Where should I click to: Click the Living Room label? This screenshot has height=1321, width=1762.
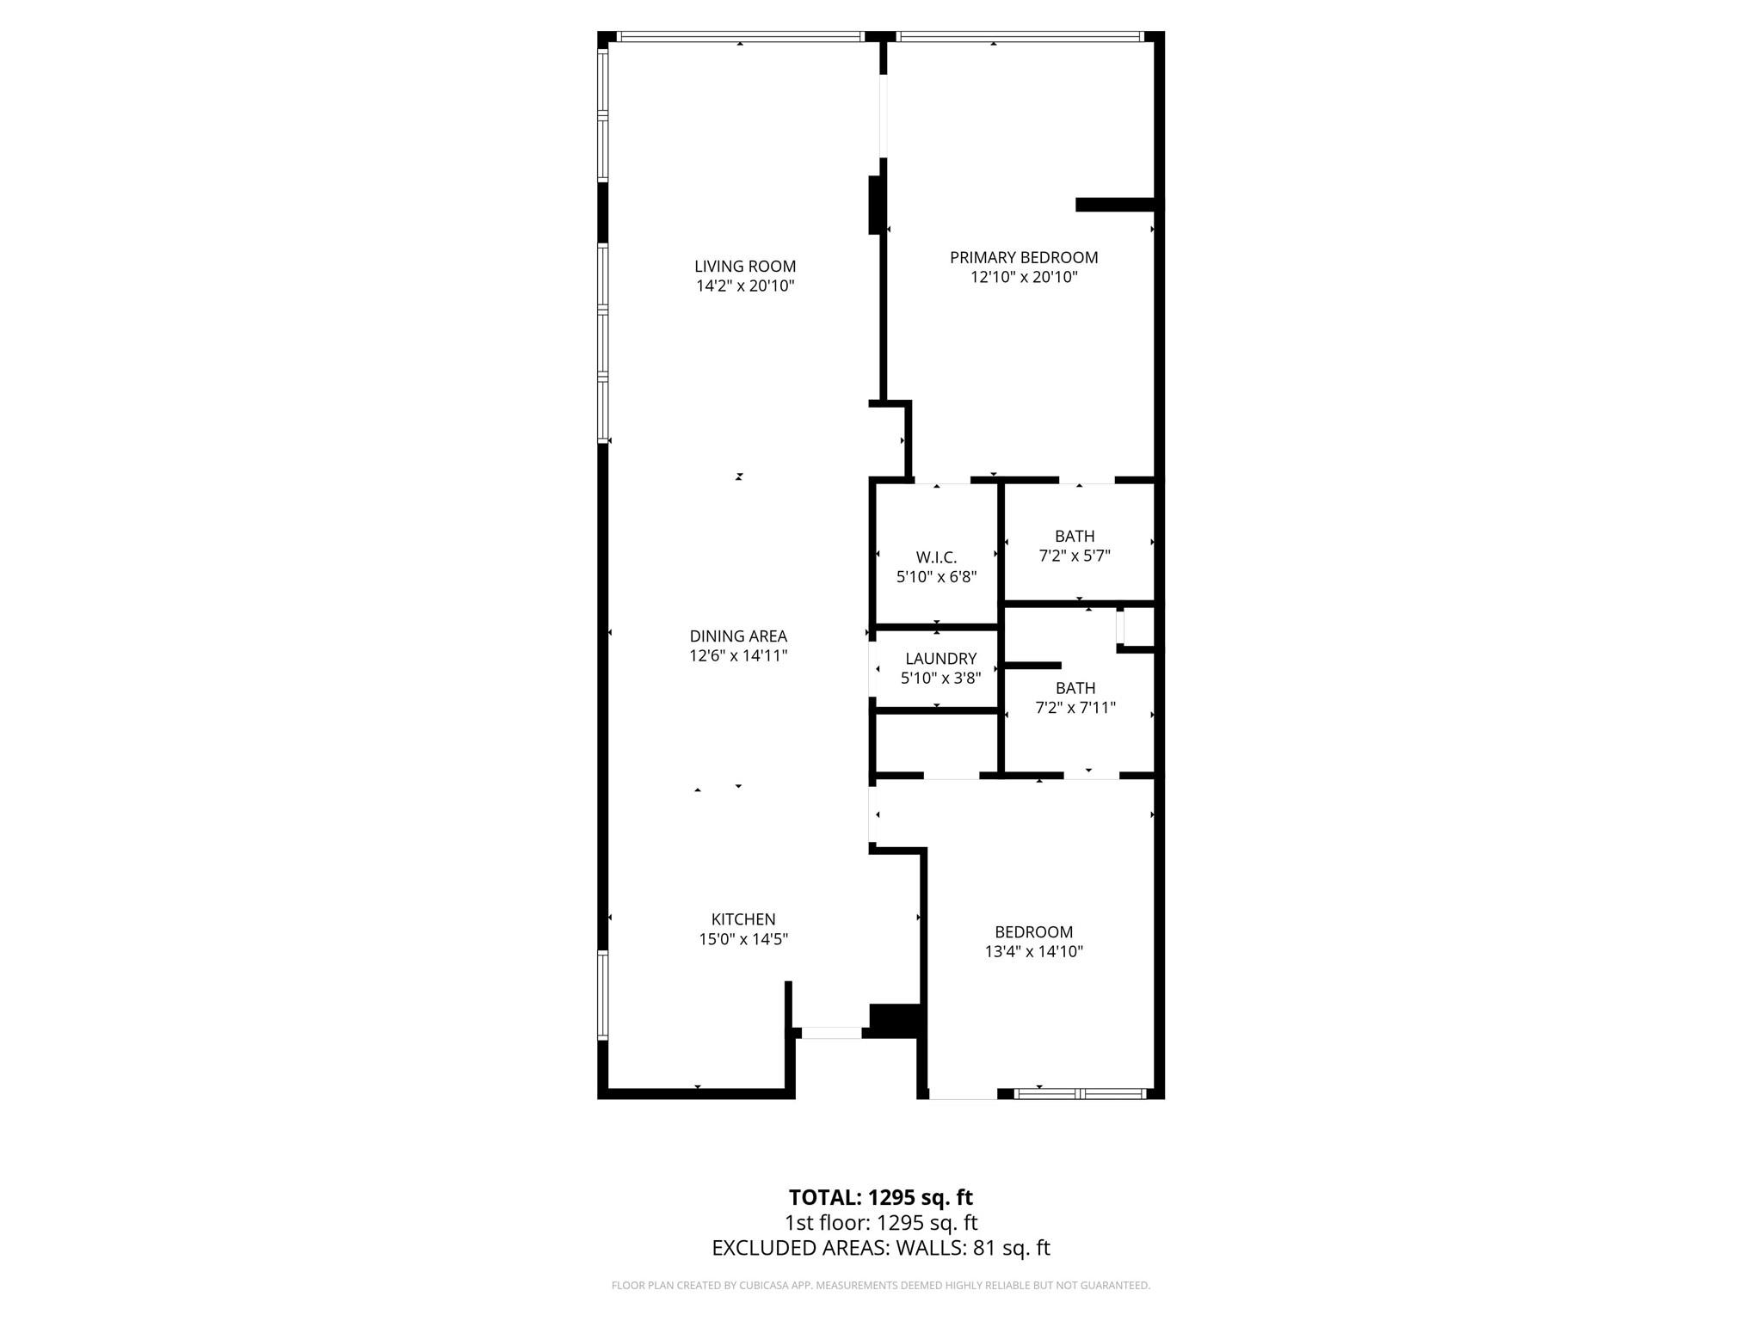(x=745, y=267)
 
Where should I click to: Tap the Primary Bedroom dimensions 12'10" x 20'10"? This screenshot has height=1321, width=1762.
(x=1024, y=278)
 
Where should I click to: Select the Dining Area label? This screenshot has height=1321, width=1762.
(x=738, y=636)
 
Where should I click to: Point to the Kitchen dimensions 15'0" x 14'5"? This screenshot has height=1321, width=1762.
(x=743, y=939)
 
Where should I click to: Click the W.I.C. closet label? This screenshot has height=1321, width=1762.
(x=936, y=557)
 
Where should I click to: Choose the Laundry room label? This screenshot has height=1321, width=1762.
(x=940, y=659)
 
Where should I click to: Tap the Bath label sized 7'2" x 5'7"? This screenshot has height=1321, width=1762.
(x=1075, y=537)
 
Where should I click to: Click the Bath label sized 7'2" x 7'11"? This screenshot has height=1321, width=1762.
(x=1075, y=688)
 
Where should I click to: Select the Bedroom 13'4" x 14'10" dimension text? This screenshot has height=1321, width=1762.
(x=1033, y=951)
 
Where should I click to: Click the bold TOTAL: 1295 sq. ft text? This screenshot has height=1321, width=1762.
(x=880, y=1197)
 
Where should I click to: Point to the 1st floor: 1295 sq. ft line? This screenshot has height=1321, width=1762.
(x=880, y=1222)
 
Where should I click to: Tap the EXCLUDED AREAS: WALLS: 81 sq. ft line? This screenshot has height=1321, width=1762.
(x=880, y=1248)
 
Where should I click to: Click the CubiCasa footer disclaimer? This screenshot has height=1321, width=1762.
(x=880, y=1286)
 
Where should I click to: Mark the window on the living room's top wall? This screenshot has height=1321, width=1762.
(x=740, y=37)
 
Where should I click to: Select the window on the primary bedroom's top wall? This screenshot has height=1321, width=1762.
(x=1019, y=37)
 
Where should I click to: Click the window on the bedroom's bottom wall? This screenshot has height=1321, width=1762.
(x=1080, y=1094)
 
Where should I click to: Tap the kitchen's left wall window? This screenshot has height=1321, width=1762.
(x=603, y=995)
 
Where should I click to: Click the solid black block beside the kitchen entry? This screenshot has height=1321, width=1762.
(x=896, y=1020)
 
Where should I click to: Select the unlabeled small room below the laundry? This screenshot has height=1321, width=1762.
(x=936, y=742)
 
